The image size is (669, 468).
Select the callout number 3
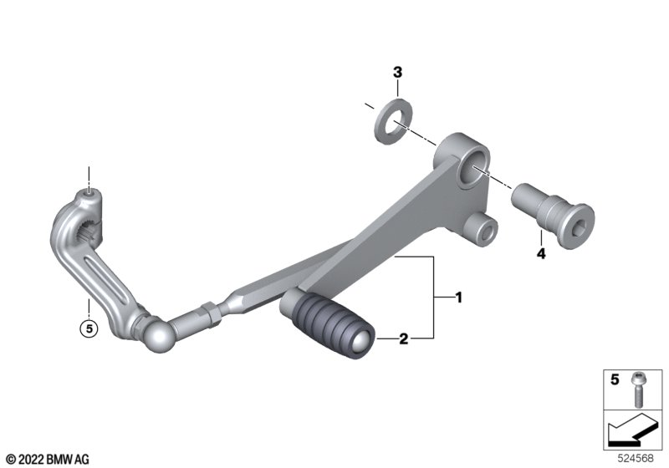coord(397,73)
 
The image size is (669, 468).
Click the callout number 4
coord(541,254)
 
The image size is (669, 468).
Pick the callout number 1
coord(459,298)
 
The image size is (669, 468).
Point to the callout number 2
coord(404,338)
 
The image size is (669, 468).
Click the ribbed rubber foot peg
coord(328,323)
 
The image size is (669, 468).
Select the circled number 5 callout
coord(89,328)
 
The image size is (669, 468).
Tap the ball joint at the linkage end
coord(157,335)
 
